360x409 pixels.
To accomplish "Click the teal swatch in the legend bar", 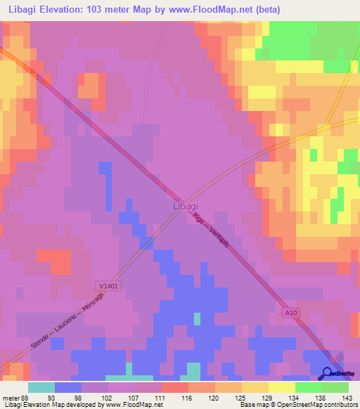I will pyautogui.click(x=41, y=387).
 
